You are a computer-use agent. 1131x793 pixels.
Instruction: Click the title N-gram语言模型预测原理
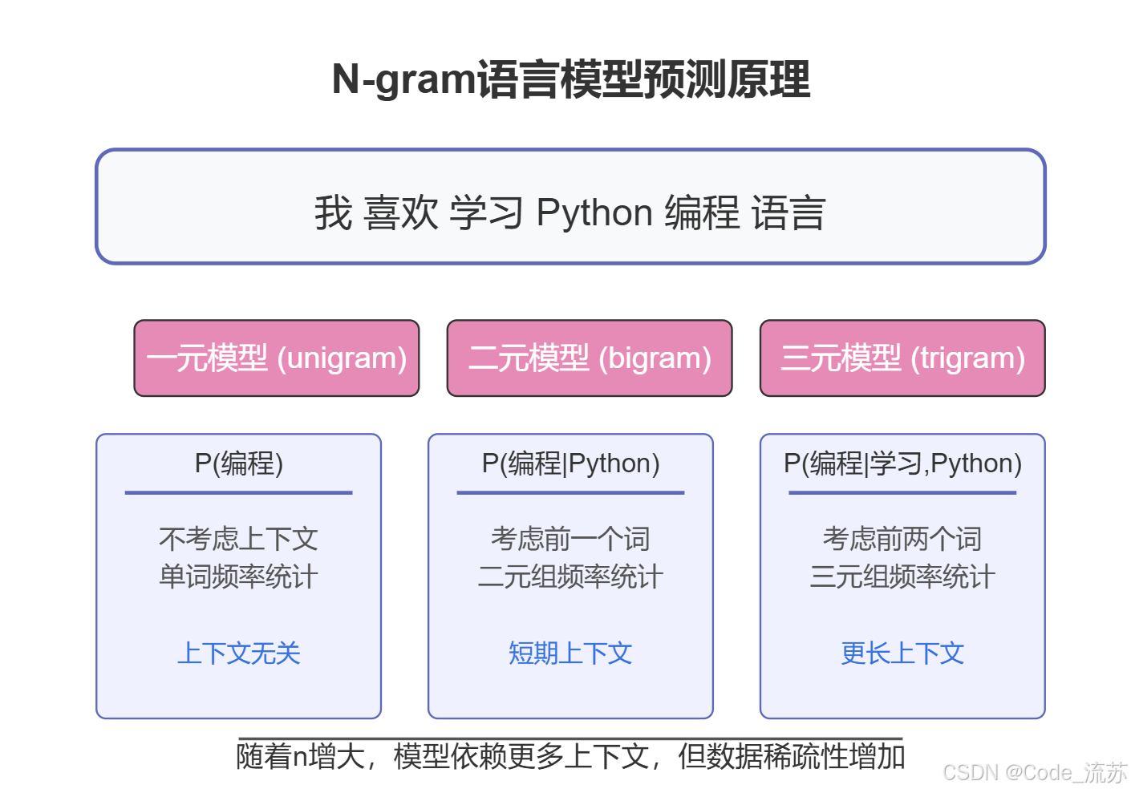[x=570, y=79]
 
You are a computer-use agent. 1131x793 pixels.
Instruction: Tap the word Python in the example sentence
[x=594, y=212]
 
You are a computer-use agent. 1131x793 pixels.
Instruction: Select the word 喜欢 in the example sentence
[x=400, y=212]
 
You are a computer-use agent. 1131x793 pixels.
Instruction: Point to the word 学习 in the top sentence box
[x=486, y=212]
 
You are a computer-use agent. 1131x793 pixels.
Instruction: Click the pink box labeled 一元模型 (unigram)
[x=277, y=358]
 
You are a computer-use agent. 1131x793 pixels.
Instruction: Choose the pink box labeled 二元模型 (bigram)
[x=590, y=358]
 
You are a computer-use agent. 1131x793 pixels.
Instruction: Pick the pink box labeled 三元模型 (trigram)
[x=902, y=358]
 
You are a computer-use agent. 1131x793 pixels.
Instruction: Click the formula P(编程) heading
[x=239, y=463]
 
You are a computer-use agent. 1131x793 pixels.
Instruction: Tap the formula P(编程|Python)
[x=570, y=463]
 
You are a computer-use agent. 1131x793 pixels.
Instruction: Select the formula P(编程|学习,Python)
[x=902, y=463]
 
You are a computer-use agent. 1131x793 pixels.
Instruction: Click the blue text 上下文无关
[x=239, y=653]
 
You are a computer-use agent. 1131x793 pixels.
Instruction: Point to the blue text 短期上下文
[x=570, y=653]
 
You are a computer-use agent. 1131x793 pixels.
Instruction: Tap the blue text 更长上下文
[x=902, y=653]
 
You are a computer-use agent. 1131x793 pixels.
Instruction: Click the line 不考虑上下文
[x=239, y=538]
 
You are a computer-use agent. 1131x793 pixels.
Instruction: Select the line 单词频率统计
[x=239, y=577]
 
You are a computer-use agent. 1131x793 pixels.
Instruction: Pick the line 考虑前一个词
[x=570, y=538]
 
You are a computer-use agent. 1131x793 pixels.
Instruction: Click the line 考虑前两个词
[x=902, y=538]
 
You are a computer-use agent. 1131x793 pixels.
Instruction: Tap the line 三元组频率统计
[x=902, y=577]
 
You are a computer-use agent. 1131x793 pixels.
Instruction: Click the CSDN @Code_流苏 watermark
[x=1035, y=772]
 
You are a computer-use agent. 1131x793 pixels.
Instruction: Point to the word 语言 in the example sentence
[x=788, y=212]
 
